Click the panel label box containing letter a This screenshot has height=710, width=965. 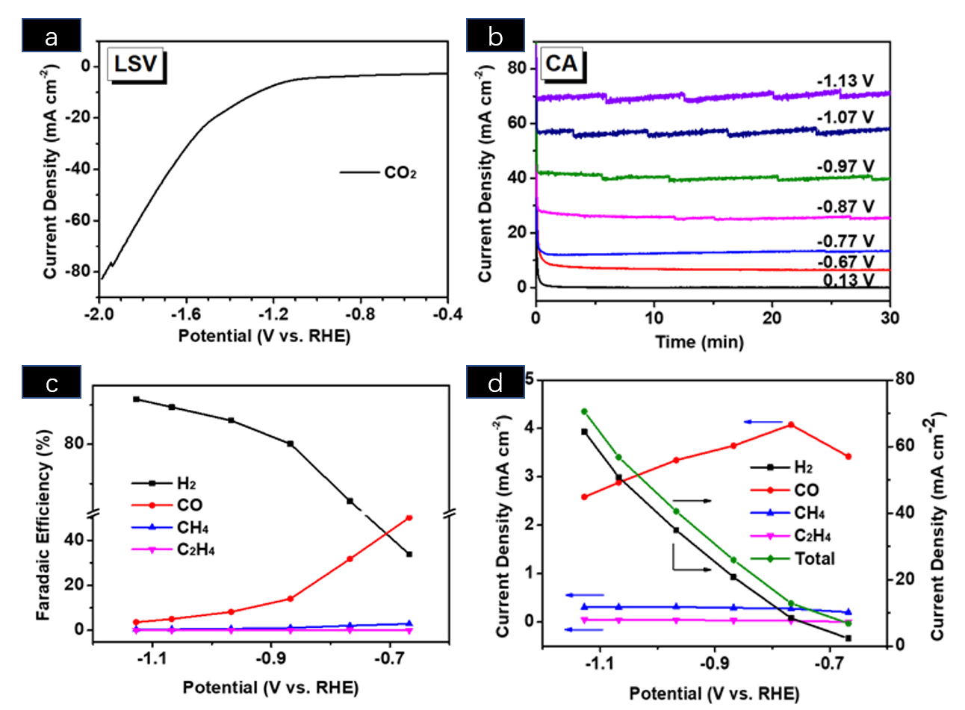(x=52, y=36)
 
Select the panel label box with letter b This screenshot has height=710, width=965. (x=495, y=36)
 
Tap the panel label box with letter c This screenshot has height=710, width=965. (x=52, y=382)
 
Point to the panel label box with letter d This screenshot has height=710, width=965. (x=495, y=382)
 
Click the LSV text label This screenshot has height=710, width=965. (x=135, y=64)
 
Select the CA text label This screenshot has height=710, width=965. (x=561, y=64)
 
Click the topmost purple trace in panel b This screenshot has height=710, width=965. (x=717, y=96)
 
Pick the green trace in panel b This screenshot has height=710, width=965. (x=717, y=178)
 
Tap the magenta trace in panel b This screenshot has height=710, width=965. (x=717, y=218)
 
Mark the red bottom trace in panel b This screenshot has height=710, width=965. (x=717, y=269)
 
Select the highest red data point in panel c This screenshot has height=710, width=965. (x=409, y=517)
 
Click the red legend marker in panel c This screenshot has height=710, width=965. (x=152, y=505)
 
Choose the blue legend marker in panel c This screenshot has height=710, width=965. (x=152, y=527)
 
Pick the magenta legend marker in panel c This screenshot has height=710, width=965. (x=152, y=549)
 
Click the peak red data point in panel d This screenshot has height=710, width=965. (x=791, y=424)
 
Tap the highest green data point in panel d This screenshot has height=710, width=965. (x=584, y=411)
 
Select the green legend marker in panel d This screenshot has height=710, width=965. (x=769, y=558)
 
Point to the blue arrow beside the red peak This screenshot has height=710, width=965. (x=763, y=422)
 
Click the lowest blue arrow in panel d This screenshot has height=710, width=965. (x=583, y=629)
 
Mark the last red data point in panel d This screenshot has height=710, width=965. (x=848, y=456)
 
